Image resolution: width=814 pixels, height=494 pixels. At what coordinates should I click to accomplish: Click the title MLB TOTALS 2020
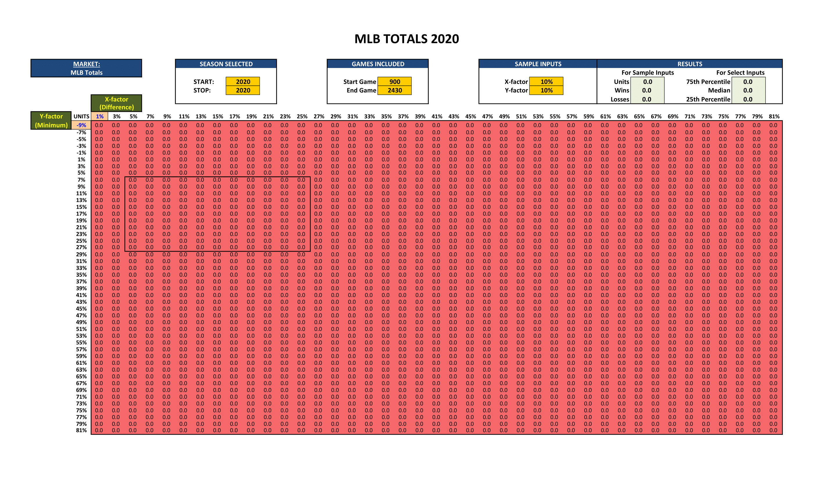(x=407, y=39)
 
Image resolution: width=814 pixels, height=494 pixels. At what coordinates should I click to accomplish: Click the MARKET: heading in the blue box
(x=87, y=64)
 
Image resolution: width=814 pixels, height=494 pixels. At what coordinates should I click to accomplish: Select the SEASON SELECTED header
(x=226, y=64)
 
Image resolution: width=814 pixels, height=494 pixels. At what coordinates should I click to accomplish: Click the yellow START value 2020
(x=243, y=82)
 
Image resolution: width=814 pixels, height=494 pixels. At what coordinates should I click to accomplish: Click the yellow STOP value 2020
(x=243, y=90)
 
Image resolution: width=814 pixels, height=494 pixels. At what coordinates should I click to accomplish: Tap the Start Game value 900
(x=394, y=82)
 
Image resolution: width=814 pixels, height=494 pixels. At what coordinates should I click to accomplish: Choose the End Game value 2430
(x=394, y=90)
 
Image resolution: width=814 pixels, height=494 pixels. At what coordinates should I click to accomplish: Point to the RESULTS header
(x=690, y=64)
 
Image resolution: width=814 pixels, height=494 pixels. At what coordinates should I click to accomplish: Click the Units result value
(x=647, y=82)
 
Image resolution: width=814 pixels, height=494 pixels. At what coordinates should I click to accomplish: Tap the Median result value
(x=748, y=90)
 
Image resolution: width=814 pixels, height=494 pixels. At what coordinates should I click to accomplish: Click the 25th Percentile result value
(x=748, y=99)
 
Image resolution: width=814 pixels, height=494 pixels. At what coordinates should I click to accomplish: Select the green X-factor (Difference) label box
(x=117, y=103)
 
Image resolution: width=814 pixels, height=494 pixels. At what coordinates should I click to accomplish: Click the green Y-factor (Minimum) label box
(x=51, y=121)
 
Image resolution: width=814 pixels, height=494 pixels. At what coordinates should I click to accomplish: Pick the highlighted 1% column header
(x=99, y=116)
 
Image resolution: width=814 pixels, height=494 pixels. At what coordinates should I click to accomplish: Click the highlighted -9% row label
(x=81, y=125)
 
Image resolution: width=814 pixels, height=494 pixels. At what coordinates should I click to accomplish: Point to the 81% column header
(x=774, y=116)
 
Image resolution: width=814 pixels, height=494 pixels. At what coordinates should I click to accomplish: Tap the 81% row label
(x=81, y=430)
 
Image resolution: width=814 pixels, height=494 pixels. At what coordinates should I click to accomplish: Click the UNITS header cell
(x=81, y=116)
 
